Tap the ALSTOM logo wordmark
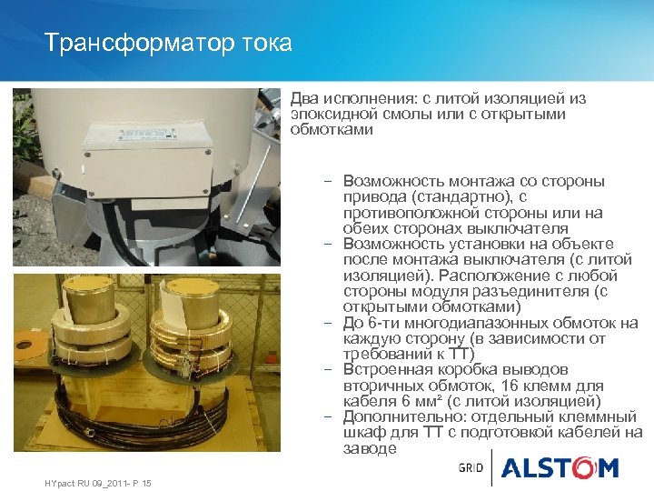point(560,468)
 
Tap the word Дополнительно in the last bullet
point(396,416)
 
